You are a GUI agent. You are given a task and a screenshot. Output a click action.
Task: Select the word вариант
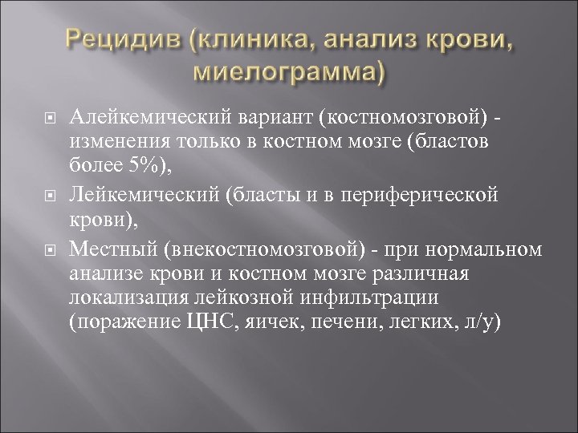[x=273, y=119]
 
